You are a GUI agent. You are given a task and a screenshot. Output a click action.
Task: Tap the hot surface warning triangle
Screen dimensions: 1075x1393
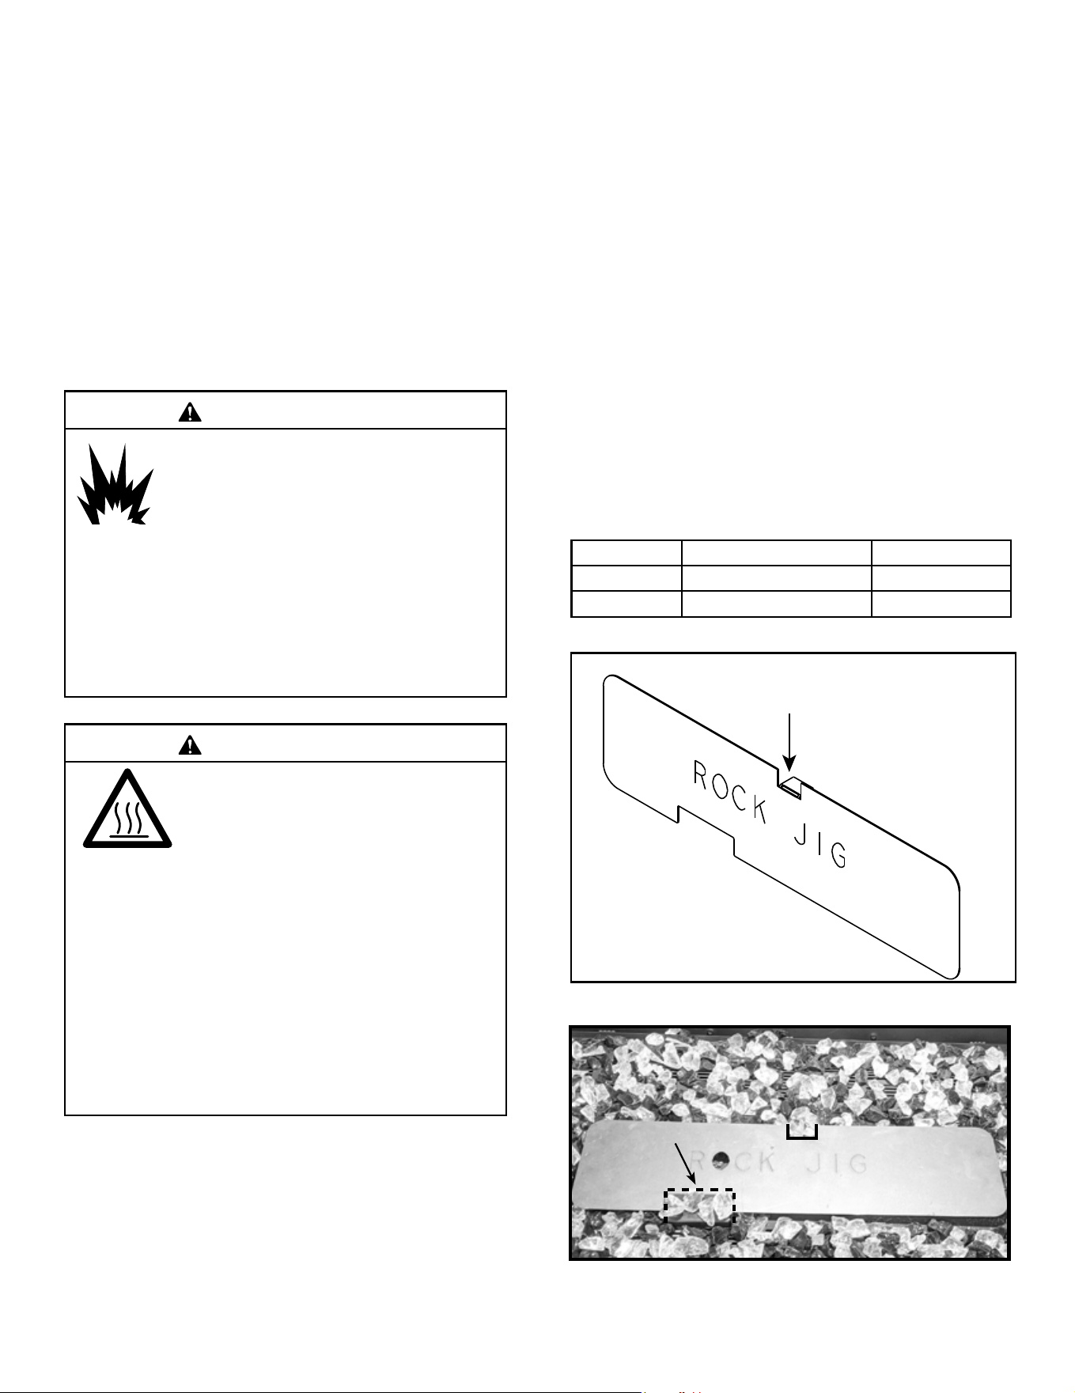[127, 809]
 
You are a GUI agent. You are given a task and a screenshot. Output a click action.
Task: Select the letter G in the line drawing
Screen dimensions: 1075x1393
[839, 854]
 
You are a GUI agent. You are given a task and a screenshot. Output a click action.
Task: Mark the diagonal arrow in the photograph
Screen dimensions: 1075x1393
[684, 1164]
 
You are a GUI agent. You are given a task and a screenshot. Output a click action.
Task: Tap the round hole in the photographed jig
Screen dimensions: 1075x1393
[721, 1160]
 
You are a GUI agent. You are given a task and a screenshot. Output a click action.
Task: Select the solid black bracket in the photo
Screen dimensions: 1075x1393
[801, 1132]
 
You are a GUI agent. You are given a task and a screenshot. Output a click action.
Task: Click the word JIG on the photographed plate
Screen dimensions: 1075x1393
[831, 1163]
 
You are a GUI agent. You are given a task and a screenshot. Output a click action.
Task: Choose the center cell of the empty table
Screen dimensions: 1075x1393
[776, 578]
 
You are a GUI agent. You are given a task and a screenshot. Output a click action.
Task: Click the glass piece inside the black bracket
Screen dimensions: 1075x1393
[801, 1122]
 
